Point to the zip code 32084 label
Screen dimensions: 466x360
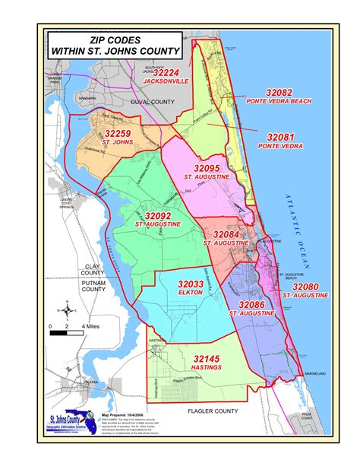(226, 234)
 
